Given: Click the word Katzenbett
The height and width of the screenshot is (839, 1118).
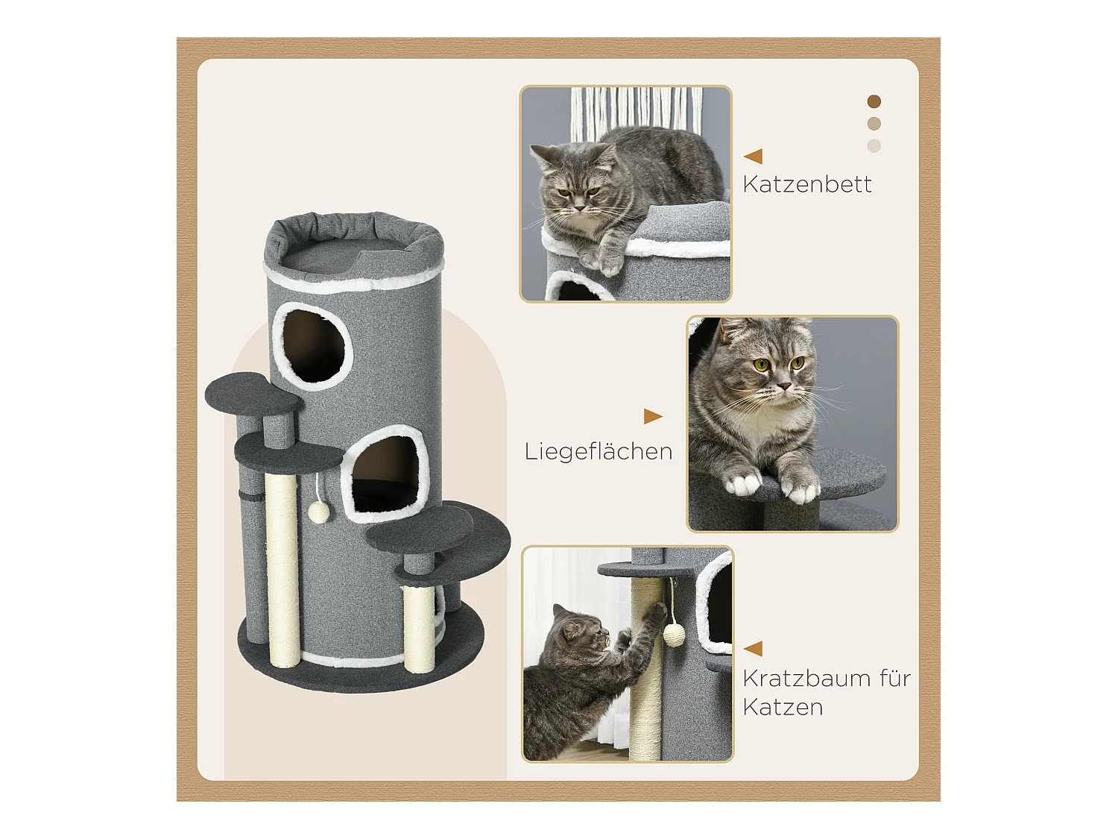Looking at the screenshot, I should coord(806,184).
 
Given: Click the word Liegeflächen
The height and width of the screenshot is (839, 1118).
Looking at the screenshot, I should coord(598,451).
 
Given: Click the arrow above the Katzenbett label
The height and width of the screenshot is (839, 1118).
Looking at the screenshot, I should coord(753,156).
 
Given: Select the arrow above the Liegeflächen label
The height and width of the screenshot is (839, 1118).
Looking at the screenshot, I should coord(653,416).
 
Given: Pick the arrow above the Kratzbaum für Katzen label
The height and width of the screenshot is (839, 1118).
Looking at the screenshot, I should coord(753,648).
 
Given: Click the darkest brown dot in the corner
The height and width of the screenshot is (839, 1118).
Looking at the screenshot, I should coord(874,101).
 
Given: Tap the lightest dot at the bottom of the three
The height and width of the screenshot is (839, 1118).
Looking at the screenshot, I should coord(874,146).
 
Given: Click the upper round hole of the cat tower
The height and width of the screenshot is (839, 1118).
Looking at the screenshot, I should coord(313,346).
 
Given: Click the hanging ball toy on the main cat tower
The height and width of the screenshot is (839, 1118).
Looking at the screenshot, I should coord(319,512).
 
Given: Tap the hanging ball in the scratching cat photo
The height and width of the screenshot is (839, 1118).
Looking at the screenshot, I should coord(674,635).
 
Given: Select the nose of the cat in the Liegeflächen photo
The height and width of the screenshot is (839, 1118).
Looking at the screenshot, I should coord(783,386).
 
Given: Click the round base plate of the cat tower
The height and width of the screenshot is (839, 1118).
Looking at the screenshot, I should coord(358,671).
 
